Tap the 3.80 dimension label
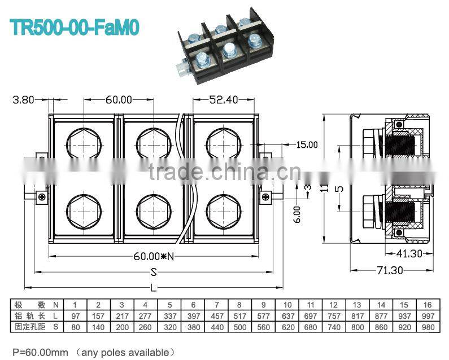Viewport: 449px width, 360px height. (24, 100)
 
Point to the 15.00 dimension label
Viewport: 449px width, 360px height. (307, 145)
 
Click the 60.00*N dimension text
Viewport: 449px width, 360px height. (154, 256)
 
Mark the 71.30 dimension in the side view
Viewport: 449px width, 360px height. (390, 270)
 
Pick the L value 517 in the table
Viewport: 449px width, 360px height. (239, 316)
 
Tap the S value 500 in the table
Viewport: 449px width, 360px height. (239, 327)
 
